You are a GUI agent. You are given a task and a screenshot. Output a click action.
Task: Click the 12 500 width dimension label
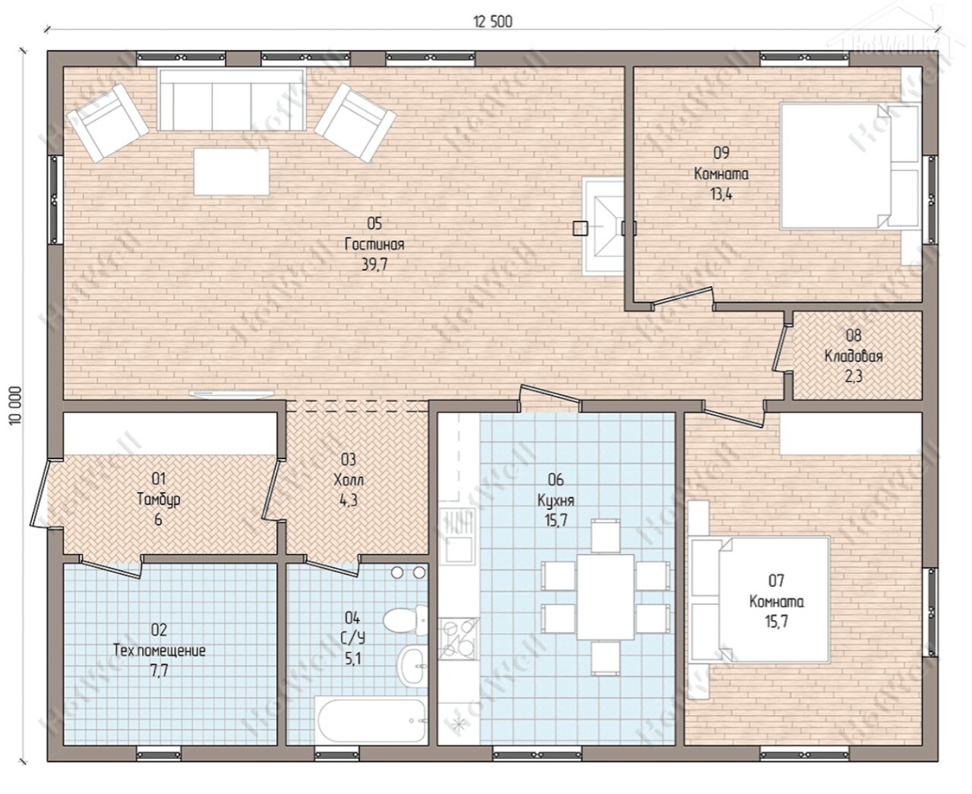(x=493, y=22)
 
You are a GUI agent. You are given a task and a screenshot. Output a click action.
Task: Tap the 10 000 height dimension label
(x=15, y=405)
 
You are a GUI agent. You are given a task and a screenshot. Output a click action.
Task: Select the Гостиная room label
(x=374, y=244)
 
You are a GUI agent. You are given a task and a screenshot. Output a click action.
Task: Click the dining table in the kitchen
(x=605, y=597)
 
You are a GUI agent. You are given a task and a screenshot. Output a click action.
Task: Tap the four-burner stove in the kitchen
(x=459, y=638)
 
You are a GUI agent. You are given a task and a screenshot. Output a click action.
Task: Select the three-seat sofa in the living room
(x=232, y=99)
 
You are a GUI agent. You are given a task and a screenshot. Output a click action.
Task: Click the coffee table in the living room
(x=232, y=172)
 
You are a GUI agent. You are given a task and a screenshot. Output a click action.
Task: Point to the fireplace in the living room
(x=603, y=226)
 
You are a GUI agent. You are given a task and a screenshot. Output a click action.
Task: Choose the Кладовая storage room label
(x=853, y=356)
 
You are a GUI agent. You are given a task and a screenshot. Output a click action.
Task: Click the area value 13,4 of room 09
(x=721, y=194)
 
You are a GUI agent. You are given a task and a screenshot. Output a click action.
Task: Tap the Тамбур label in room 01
(x=159, y=499)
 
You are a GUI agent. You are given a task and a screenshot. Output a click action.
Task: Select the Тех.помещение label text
(x=159, y=651)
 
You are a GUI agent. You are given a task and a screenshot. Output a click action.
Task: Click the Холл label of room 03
(x=349, y=480)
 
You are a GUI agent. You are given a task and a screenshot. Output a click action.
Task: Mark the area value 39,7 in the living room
(x=374, y=265)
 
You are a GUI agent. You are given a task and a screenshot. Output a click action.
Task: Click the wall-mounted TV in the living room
(x=232, y=394)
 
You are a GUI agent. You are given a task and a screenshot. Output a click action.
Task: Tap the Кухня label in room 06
(x=556, y=500)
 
